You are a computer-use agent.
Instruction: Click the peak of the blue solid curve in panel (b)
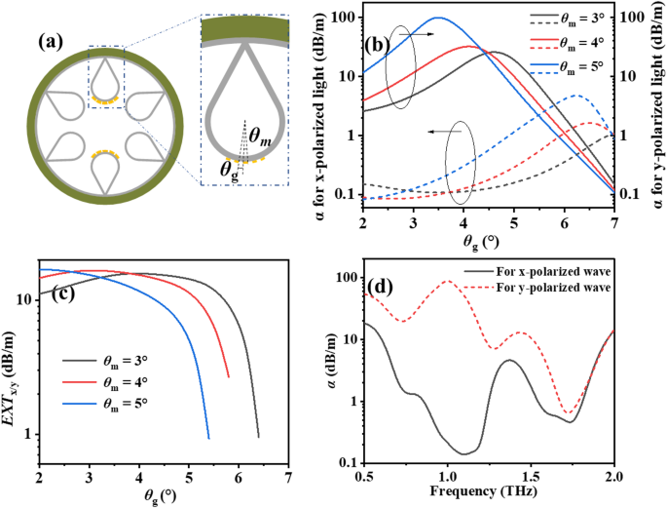(x=438, y=18)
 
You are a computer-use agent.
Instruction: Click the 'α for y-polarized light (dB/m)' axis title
(x=657, y=104)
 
